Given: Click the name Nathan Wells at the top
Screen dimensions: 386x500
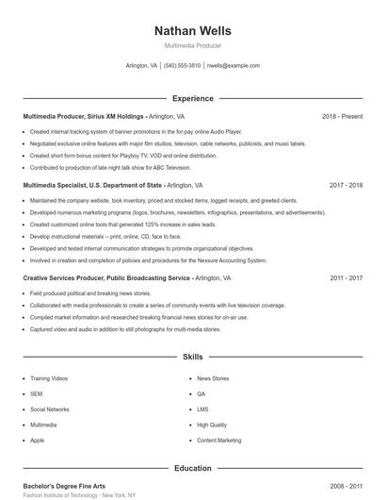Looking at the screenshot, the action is tap(192, 31).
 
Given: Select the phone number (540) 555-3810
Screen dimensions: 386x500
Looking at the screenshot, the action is tap(182, 66).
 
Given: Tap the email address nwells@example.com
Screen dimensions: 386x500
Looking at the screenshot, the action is tap(233, 66).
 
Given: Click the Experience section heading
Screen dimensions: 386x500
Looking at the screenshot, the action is tap(192, 98).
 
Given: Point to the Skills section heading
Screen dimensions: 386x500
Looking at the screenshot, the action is tap(192, 358).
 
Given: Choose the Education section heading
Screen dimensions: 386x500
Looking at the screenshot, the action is tap(192, 468).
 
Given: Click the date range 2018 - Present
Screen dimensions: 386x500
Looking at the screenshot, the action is tap(342, 116).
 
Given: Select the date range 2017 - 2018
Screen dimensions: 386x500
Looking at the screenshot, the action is tap(346, 186).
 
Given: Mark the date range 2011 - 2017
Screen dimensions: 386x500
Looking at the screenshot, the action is tap(346, 278).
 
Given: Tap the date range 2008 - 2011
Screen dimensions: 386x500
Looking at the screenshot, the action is tap(346, 485).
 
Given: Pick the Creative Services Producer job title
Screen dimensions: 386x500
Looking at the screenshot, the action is tap(105, 278).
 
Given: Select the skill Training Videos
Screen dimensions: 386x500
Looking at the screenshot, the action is tap(49, 378).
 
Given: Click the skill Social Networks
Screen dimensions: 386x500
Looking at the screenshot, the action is tap(50, 409).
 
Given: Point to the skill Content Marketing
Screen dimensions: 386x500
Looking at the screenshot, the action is tap(219, 441).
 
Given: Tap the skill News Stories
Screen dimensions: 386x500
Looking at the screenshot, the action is tap(213, 378).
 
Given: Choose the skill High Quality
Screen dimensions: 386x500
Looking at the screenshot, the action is tap(212, 425).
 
